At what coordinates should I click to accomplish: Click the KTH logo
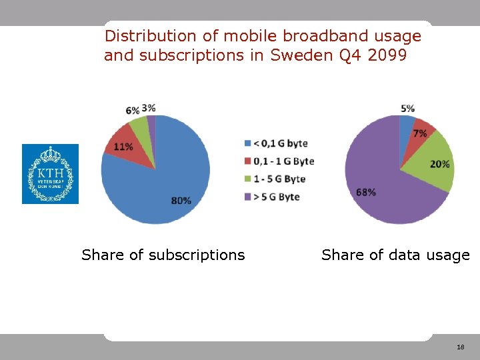coord(50,174)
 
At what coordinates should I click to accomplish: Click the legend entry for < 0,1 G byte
coord(276,143)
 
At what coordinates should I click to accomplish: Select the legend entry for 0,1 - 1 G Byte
coord(279,161)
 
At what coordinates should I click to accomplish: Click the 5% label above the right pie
coord(407,108)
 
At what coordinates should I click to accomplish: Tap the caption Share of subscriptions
coord(163,255)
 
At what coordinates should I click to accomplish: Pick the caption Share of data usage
coord(395,255)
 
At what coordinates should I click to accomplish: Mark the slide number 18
coord(461,347)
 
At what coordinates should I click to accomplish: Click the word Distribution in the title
coord(151,35)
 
